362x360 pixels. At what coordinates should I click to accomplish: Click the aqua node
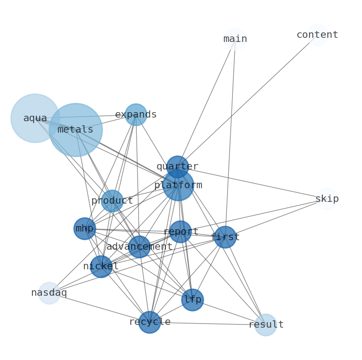pyautogui.click(x=35, y=118)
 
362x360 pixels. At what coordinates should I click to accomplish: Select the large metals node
pyautogui.click(x=76, y=130)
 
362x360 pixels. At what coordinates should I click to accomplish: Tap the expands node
pyautogui.click(x=136, y=114)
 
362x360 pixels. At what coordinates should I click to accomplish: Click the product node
pyautogui.click(x=112, y=201)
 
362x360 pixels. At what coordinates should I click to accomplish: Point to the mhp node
pyautogui.click(x=85, y=228)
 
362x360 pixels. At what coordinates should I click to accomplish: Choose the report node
pyautogui.click(x=181, y=231)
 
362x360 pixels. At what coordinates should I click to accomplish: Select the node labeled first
pyautogui.click(x=225, y=237)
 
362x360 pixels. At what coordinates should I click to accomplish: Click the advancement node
pyautogui.click(x=139, y=247)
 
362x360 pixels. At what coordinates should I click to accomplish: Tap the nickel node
pyautogui.click(x=101, y=266)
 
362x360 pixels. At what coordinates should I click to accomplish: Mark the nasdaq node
pyautogui.click(x=49, y=293)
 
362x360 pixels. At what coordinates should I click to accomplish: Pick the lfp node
pyautogui.click(x=192, y=299)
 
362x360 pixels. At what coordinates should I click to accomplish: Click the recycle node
pyautogui.click(x=150, y=322)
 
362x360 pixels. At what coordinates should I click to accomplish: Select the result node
pyautogui.click(x=266, y=325)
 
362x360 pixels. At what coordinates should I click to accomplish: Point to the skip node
pyautogui.click(x=327, y=199)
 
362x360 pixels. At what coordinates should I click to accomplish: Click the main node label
pyautogui.click(x=235, y=39)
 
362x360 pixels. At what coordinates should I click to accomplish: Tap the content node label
pyautogui.click(x=317, y=35)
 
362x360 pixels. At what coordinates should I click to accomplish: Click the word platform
pyautogui.click(x=178, y=185)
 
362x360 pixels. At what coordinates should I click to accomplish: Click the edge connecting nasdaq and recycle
pyautogui.click(x=99, y=308)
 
